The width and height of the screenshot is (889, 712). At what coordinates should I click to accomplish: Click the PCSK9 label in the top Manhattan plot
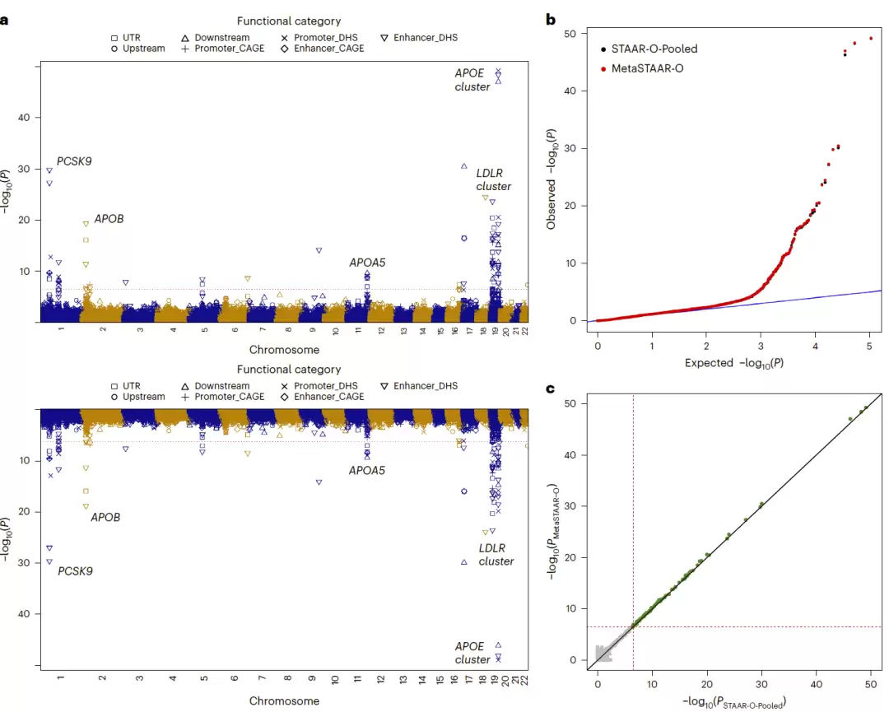click(x=74, y=161)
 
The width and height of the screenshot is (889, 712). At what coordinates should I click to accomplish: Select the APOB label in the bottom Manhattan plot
click(x=105, y=518)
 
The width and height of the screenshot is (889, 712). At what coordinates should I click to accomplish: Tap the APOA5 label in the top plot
click(x=367, y=263)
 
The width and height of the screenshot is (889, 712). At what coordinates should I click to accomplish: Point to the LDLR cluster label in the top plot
click(x=493, y=179)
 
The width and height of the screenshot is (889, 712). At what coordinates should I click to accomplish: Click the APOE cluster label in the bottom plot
click(x=472, y=653)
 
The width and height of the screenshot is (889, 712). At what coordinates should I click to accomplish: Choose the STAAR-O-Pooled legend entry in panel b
click(x=649, y=49)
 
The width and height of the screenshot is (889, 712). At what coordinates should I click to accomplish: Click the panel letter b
click(x=551, y=20)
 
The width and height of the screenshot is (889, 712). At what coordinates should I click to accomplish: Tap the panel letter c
click(x=550, y=389)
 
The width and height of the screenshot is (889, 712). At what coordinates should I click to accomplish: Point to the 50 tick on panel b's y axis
click(x=570, y=34)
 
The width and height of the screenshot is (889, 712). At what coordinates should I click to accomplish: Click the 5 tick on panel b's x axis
click(x=869, y=346)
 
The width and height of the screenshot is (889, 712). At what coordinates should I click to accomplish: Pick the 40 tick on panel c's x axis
click(x=817, y=684)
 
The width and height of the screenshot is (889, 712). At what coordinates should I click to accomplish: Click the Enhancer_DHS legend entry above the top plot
click(x=419, y=37)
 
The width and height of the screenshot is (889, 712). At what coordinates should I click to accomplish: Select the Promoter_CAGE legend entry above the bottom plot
click(x=223, y=397)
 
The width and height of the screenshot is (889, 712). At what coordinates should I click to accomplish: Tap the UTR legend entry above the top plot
click(x=126, y=37)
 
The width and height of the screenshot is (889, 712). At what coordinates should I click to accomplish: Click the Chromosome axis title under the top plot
click(x=284, y=350)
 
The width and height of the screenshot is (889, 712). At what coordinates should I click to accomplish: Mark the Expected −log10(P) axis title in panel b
click(x=734, y=363)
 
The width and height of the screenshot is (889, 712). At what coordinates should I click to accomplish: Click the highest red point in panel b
click(x=871, y=39)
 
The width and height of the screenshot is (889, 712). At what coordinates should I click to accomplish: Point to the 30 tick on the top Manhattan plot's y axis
click(x=24, y=169)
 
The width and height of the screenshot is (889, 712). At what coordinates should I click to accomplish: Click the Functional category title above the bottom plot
click(x=289, y=370)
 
